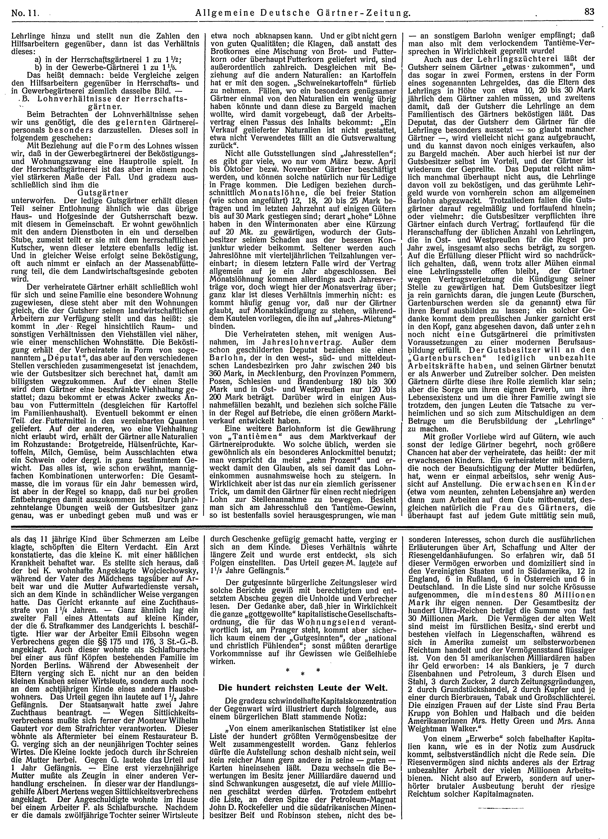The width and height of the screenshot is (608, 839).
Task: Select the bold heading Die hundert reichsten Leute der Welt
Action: (x=302, y=688)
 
